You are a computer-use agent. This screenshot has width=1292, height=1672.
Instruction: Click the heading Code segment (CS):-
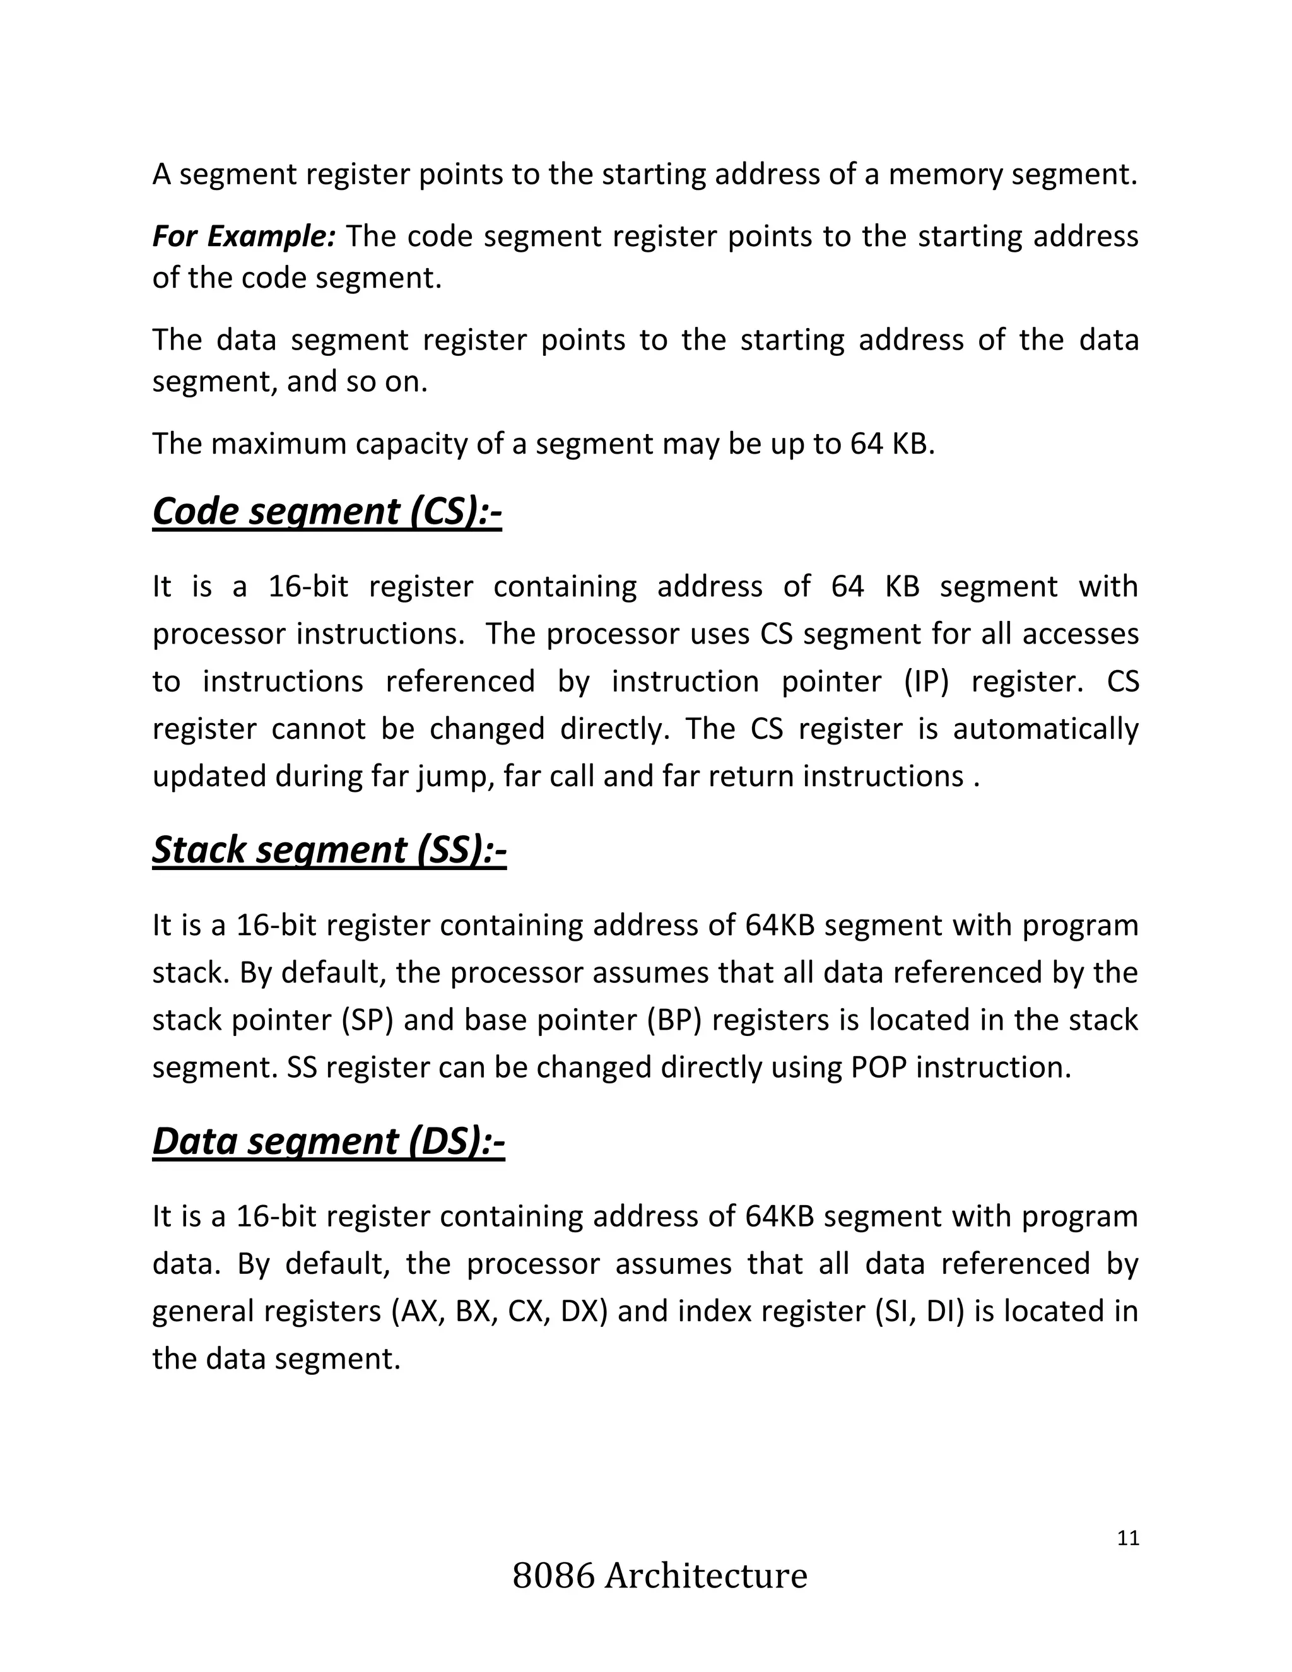327,512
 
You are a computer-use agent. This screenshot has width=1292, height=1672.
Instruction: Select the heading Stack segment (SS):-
329,850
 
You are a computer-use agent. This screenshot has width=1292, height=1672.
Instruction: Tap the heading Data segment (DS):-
328,1141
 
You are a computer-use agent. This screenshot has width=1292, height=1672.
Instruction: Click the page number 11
1128,1538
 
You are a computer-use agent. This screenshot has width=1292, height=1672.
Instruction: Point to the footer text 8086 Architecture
660,1576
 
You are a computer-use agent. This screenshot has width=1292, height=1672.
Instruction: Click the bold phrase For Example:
244,237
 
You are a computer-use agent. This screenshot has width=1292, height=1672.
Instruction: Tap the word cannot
319,729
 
